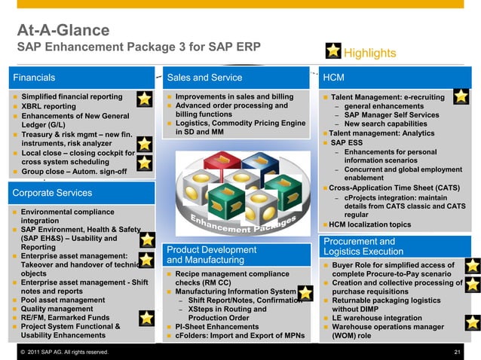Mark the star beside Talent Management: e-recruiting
point(461,97)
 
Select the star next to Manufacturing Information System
point(305,293)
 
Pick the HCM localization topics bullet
point(369,224)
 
